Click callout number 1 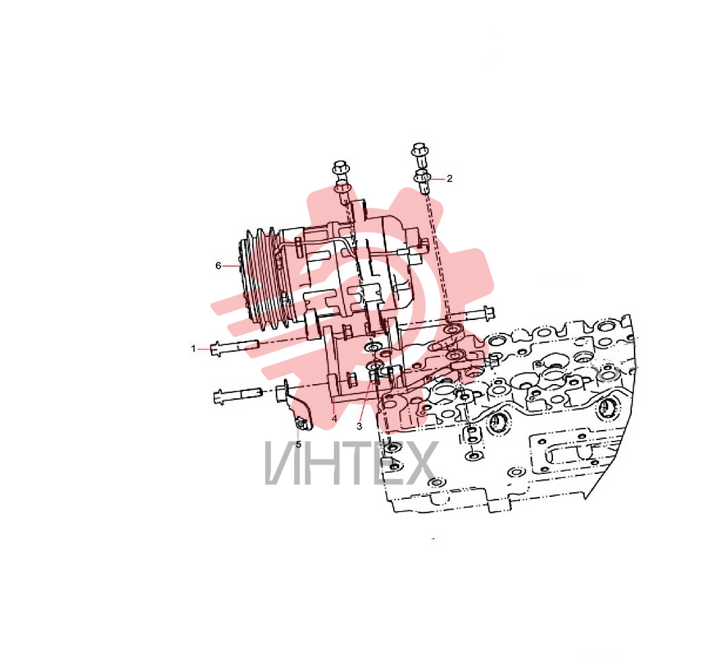(x=194, y=348)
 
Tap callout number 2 (x=449, y=178)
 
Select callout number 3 (x=359, y=426)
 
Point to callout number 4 (x=334, y=419)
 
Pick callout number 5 (x=298, y=444)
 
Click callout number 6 (x=218, y=265)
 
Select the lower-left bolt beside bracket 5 (x=237, y=396)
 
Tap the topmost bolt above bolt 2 (x=419, y=155)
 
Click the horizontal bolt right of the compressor (x=471, y=314)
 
